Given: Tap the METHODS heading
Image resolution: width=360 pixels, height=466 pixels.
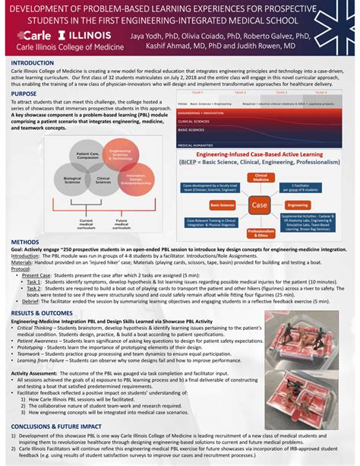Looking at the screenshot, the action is click(25, 242).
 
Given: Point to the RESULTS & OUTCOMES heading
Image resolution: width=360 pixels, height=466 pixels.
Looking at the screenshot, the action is click(43, 312).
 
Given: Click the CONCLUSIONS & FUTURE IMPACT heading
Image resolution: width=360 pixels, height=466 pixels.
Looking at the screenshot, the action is click(61, 426).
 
